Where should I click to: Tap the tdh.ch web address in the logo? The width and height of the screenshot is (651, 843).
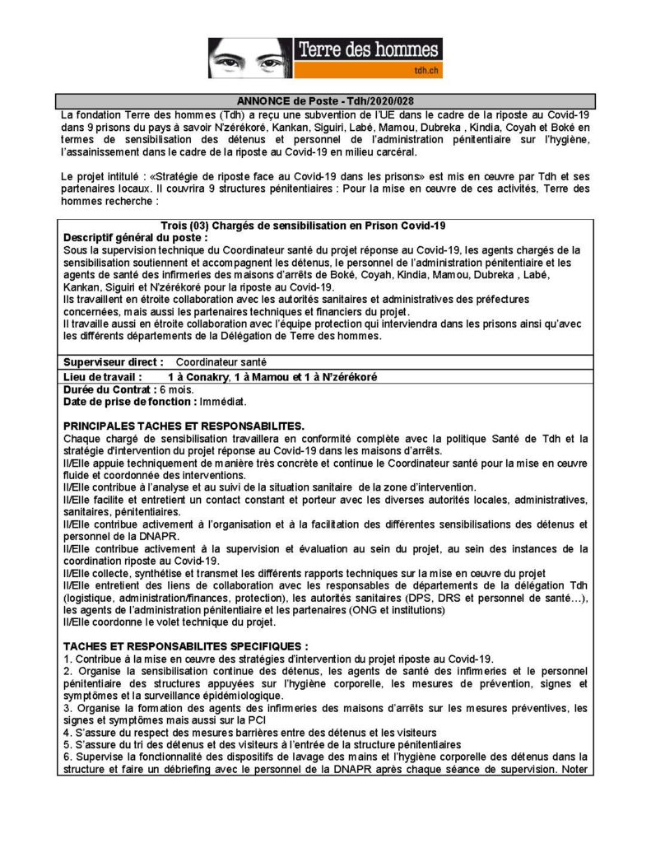coord(425,72)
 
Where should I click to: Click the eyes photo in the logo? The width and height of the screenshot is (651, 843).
coord(248,58)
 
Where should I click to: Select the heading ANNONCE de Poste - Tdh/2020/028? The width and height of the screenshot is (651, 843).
coord(325,100)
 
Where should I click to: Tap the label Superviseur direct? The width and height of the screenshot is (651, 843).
coord(114,361)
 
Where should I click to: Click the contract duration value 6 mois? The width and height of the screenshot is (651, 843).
coord(175,389)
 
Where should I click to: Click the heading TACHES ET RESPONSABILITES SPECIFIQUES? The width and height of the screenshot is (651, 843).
coord(185,645)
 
